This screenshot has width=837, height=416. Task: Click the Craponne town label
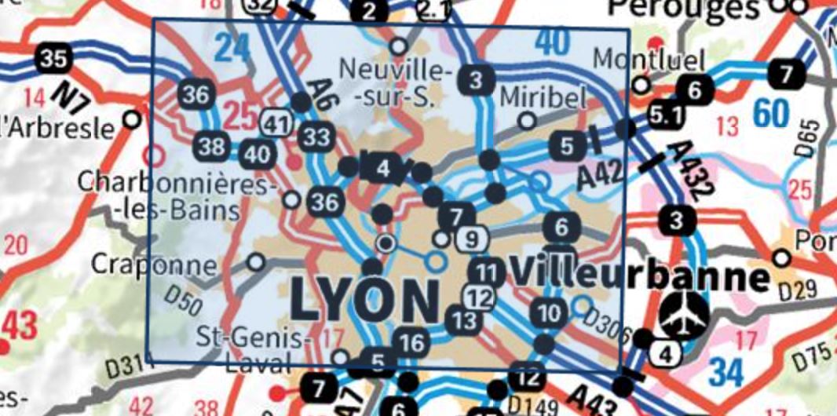[x=152, y=264]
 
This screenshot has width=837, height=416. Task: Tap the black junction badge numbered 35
[x=53, y=58]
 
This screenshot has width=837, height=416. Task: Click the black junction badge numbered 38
[x=213, y=146]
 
